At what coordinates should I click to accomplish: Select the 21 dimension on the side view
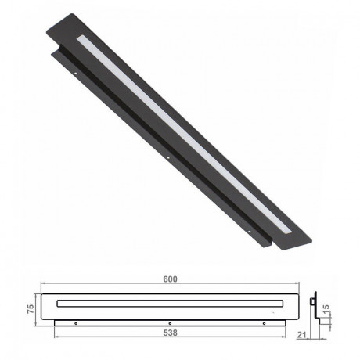[x=301, y=336]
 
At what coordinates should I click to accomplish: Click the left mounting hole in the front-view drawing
[x=75, y=323]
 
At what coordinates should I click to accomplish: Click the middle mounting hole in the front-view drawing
[x=170, y=323]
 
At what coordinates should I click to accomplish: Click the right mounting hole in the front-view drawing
[x=264, y=323]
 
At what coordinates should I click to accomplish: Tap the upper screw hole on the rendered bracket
[x=74, y=76]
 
